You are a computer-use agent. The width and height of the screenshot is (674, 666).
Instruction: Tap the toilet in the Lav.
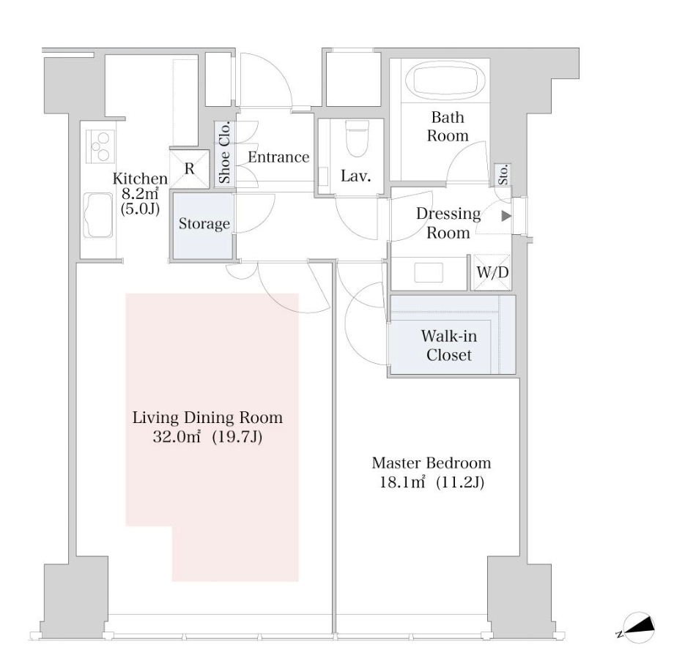pyautogui.click(x=358, y=138)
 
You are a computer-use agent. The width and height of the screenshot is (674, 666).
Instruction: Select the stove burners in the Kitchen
pyautogui.click(x=100, y=146)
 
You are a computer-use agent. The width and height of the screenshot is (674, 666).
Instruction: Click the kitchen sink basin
pyautogui.click(x=99, y=214)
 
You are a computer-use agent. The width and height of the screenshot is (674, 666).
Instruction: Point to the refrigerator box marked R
pyautogui.click(x=190, y=169)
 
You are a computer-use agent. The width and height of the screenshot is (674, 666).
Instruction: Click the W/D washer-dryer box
pyautogui.click(x=492, y=272)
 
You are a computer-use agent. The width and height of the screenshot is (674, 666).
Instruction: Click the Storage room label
pyautogui.click(x=204, y=224)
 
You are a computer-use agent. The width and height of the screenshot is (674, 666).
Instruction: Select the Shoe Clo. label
pyautogui.click(x=224, y=152)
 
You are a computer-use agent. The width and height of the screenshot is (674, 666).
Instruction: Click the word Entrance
pyautogui.click(x=278, y=157)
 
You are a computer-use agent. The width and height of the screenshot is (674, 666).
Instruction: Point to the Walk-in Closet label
pyautogui.click(x=449, y=345)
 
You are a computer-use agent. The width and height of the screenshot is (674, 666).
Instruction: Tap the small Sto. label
pyautogui.click(x=503, y=175)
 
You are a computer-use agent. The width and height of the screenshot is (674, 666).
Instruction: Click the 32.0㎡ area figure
pyautogui.click(x=177, y=437)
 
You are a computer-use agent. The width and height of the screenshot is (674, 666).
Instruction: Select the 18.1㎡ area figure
pyautogui.click(x=402, y=482)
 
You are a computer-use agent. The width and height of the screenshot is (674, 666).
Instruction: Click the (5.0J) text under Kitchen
pyautogui.click(x=140, y=209)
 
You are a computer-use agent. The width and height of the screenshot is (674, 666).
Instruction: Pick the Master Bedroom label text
pyautogui.click(x=431, y=463)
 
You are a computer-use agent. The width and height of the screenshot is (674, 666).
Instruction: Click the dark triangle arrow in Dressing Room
pyautogui.click(x=506, y=216)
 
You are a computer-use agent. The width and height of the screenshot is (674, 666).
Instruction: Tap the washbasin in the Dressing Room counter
pyautogui.click(x=429, y=273)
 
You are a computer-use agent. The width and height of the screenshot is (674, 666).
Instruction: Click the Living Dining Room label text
pyautogui.click(x=207, y=417)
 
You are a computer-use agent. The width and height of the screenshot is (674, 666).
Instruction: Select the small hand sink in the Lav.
pyautogui.click(x=323, y=176)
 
